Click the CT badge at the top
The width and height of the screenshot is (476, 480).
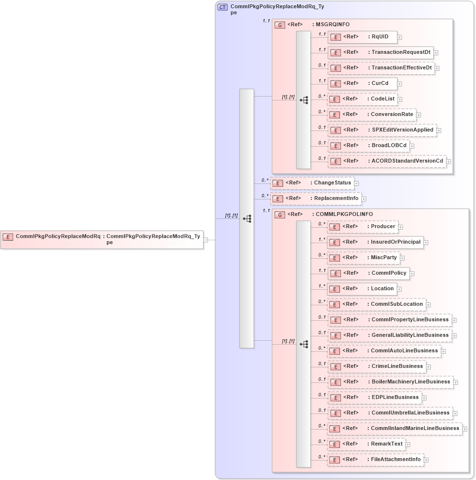tap(222, 7)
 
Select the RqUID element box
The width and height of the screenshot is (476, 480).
tap(362, 37)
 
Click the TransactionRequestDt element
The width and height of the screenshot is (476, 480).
tap(380, 52)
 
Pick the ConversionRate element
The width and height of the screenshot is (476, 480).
tap(372, 115)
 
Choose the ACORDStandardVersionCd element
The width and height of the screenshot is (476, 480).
tap(387, 161)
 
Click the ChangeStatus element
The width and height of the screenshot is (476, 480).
tap(312, 183)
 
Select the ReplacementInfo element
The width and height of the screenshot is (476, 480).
tap(316, 199)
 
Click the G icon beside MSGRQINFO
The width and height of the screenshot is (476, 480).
tap(280, 25)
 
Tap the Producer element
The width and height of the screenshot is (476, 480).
tap(362, 226)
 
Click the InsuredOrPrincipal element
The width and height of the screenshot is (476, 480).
tap(375, 242)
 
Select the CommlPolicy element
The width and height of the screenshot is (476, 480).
tap(368, 273)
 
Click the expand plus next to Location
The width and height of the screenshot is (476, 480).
tap(400, 289)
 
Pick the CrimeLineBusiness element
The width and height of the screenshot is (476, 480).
tap(376, 366)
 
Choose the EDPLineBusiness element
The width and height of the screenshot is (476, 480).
tap(374, 397)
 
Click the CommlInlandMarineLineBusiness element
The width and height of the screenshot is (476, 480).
tap(395, 429)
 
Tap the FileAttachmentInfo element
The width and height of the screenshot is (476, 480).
tap(375, 460)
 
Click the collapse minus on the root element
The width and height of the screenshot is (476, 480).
tap(206, 239)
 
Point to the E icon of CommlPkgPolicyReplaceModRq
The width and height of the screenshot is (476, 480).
tap(8, 237)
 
